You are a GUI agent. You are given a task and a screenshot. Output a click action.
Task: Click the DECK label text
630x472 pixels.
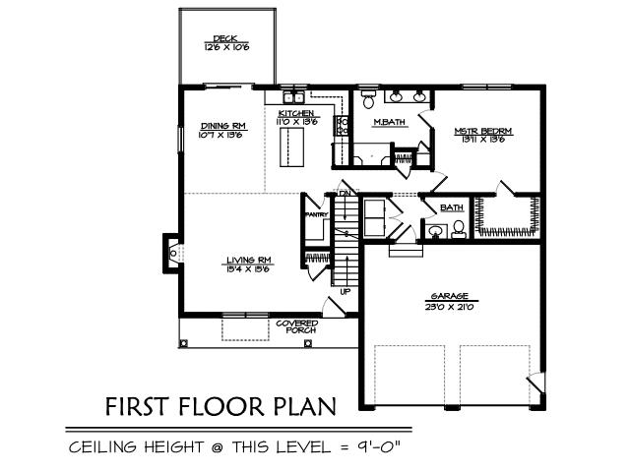click(225, 39)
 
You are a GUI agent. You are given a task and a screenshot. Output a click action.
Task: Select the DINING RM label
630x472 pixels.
click(222, 126)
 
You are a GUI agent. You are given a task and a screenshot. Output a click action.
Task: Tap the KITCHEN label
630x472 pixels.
click(296, 115)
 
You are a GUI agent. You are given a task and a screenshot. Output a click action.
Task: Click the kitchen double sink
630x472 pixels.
click(293, 97)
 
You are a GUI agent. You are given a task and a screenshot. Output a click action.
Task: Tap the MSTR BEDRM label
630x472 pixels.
click(483, 130)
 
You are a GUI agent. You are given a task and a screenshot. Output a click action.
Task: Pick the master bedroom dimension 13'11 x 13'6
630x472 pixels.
click(483, 139)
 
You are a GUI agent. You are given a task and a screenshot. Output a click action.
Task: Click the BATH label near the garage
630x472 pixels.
click(452, 207)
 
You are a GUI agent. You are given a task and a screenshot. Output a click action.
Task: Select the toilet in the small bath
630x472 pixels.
click(458, 229)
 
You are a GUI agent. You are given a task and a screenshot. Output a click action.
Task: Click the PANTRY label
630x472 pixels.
click(316, 213)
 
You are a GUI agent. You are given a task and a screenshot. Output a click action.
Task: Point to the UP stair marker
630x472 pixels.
click(345, 291)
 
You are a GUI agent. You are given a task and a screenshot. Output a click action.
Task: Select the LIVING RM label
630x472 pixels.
click(249, 260)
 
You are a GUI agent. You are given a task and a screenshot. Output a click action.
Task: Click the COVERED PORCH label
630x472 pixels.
click(295, 325)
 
